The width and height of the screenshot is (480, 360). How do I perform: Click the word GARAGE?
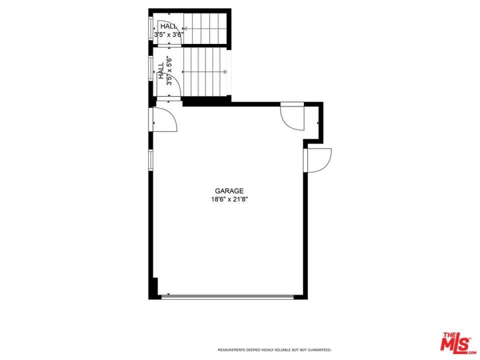pyautogui.click(x=229, y=191)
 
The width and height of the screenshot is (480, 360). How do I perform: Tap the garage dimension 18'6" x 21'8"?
pyautogui.click(x=229, y=199)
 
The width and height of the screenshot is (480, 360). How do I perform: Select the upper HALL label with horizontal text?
pyautogui.click(x=169, y=26)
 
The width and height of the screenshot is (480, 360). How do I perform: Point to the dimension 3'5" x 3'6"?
pyautogui.click(x=169, y=34)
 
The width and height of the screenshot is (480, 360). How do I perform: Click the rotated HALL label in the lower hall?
pyautogui.click(x=161, y=71)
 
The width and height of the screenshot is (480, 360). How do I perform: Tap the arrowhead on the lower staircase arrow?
pyautogui.click(x=226, y=72)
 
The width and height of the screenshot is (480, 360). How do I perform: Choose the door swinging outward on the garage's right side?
pyautogui.click(x=319, y=159)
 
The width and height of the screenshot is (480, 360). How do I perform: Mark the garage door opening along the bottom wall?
pyautogui.click(x=228, y=296)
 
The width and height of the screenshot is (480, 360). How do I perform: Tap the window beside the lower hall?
pyautogui.click(x=151, y=71)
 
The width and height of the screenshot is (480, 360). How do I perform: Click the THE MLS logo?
pyautogui.click(x=455, y=341)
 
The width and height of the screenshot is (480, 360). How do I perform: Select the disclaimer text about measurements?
pyautogui.click(x=274, y=350)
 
